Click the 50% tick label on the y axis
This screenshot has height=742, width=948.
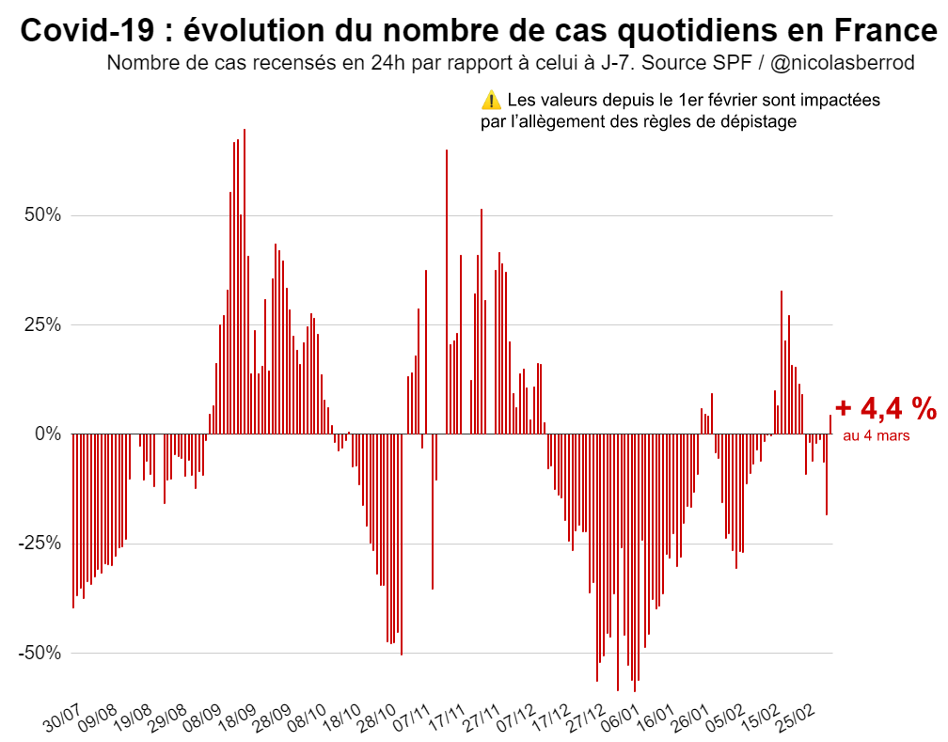41,215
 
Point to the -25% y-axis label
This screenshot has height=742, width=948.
39,544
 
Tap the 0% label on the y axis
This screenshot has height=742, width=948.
46,434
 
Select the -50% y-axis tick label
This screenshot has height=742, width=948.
39,653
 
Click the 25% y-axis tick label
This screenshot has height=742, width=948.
41,324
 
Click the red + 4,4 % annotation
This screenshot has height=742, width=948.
885,408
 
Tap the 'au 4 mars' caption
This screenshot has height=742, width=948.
877,435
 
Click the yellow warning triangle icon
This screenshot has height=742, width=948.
491,101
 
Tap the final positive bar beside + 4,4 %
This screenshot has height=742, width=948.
829,424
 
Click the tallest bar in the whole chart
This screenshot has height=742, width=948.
245,281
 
